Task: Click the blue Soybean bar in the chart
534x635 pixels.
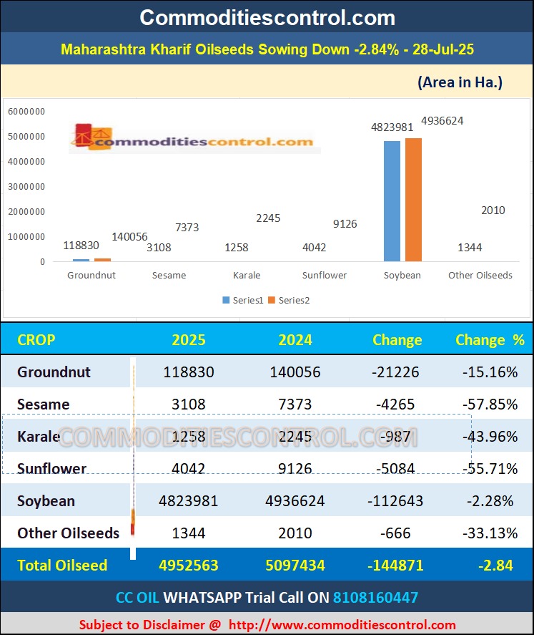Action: coord(392,201)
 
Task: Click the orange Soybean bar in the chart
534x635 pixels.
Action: coord(413,200)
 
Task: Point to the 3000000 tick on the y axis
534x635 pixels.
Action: coord(26,187)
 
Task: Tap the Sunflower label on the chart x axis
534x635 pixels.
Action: coord(325,276)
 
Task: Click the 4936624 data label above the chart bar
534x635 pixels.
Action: coord(442,121)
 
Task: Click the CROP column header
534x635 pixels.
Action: coord(36,340)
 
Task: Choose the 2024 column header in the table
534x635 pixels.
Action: coord(295,340)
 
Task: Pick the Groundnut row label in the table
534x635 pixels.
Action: coord(54,372)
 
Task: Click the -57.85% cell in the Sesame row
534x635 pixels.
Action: coord(490,404)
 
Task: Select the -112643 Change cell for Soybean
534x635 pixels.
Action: coord(395,501)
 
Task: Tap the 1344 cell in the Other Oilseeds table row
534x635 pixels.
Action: coord(189,533)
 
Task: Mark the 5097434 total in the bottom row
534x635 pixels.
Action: coord(295,566)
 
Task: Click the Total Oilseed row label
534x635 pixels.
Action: coord(62,566)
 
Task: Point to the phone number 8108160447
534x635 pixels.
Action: coord(375,597)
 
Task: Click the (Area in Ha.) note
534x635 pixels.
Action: coord(460,82)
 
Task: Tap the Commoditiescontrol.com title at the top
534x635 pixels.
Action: coord(267,16)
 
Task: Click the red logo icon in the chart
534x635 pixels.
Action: coord(84,136)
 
